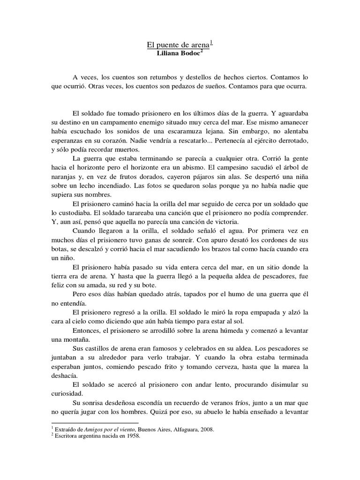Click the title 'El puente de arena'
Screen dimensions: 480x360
pyautogui.click(x=178, y=45)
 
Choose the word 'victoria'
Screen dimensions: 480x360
pyautogui.click(x=222, y=222)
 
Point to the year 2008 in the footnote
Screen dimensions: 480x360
pyautogui.click(x=207, y=429)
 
